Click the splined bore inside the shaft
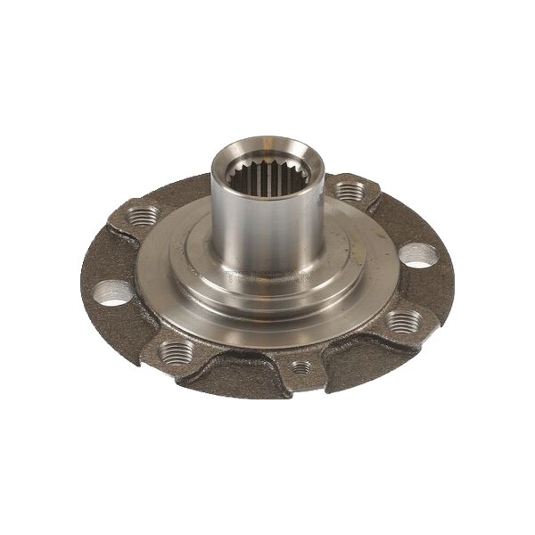260,169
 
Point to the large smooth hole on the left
111,292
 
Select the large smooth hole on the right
417,255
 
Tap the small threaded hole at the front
301,366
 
